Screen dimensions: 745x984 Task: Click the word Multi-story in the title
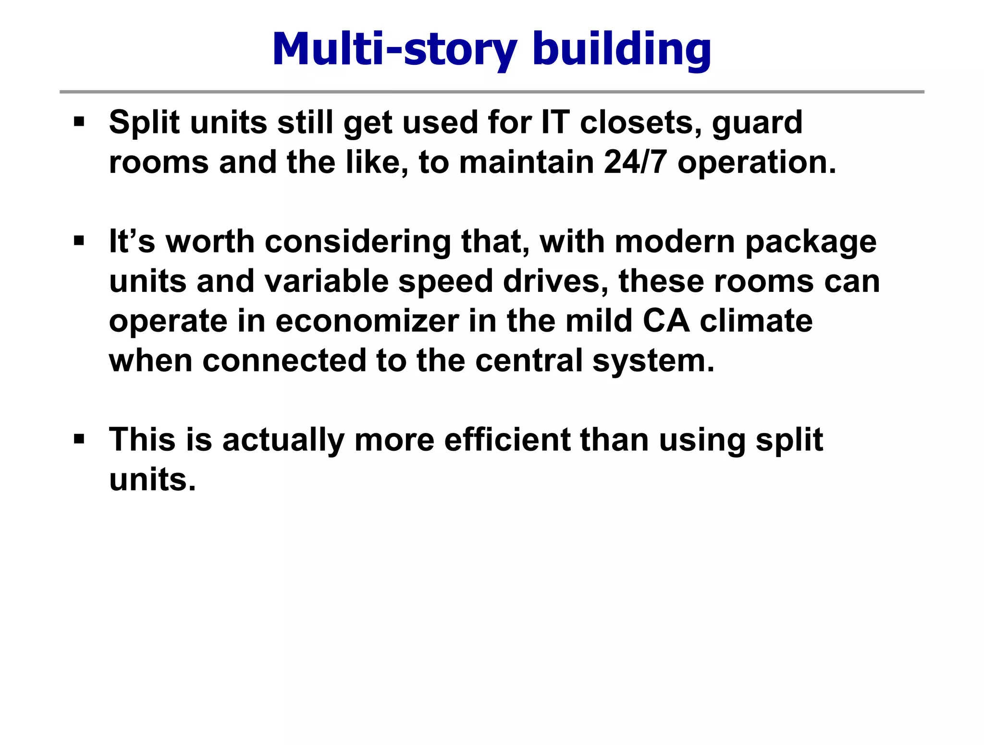(394, 50)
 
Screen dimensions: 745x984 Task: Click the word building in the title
(622, 50)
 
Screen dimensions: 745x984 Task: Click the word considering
(357, 242)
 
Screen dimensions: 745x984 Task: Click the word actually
(283, 441)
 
